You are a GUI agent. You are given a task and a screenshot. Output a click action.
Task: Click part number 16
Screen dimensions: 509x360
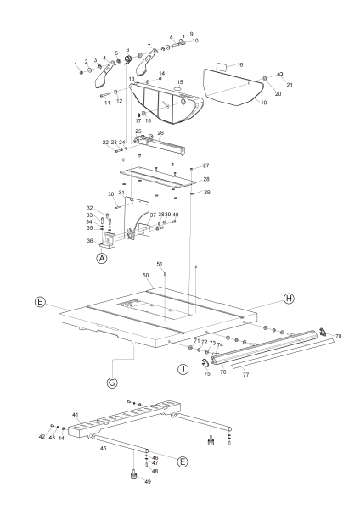pos(240,64)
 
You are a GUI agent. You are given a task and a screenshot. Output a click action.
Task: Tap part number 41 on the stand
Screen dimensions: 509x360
pos(76,414)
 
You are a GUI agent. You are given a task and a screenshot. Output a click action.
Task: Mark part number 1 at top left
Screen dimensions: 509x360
pos(76,63)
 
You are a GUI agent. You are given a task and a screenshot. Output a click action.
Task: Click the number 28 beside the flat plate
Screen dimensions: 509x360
pos(205,180)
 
